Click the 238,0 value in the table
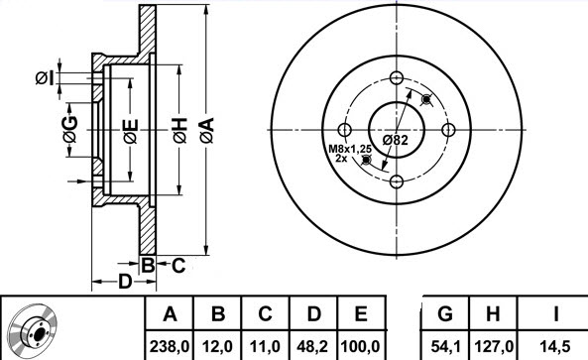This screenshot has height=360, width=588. [170, 346]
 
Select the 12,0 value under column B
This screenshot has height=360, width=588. [217, 346]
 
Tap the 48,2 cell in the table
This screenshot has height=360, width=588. [312, 346]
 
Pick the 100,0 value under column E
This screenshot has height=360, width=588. [360, 346]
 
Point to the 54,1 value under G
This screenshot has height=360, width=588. [445, 346]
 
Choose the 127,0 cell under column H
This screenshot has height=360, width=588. [493, 346]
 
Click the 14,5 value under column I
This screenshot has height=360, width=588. [555, 346]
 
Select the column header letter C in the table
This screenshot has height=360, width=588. [265, 313]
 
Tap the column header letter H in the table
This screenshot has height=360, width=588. [493, 313]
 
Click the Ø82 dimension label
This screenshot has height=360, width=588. [395, 140]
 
